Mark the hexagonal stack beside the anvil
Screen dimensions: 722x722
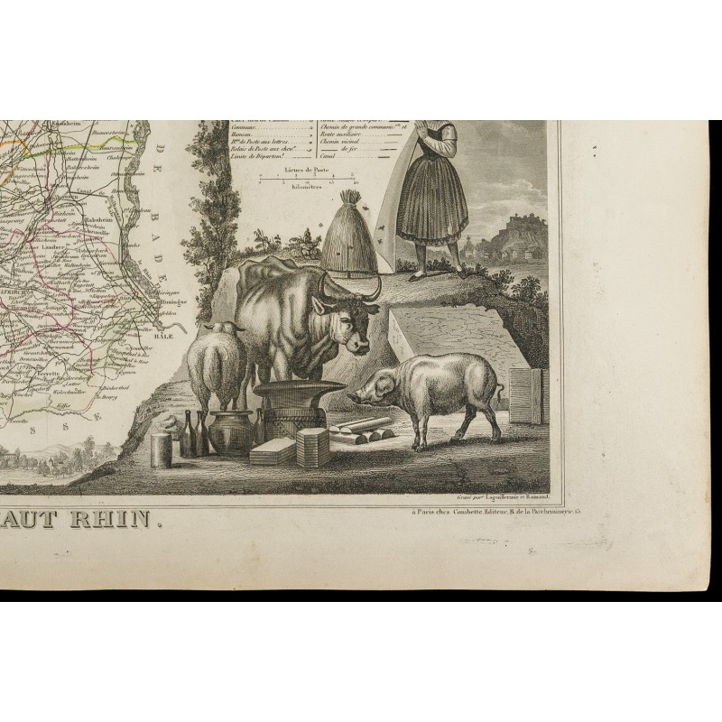pos(313,447)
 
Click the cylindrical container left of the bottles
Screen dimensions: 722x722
pos(162,449)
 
